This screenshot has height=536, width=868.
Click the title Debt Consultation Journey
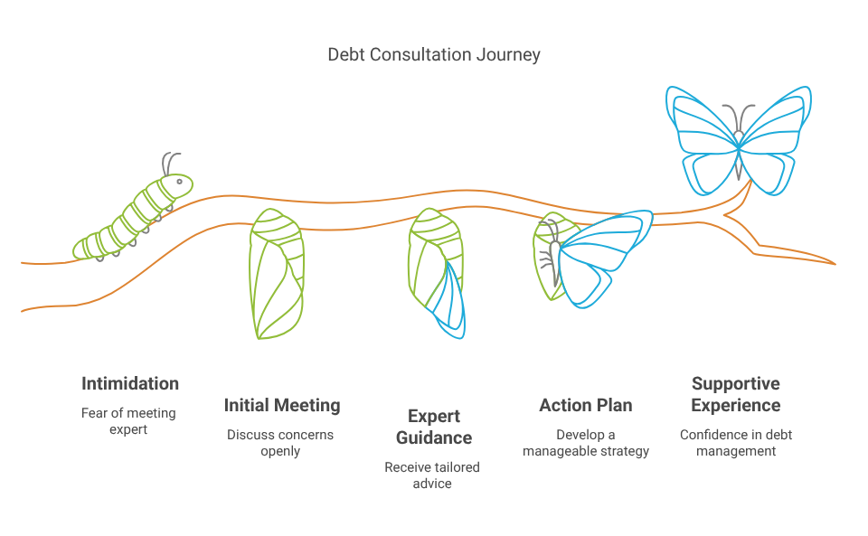(x=434, y=55)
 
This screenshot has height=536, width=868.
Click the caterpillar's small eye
(x=180, y=183)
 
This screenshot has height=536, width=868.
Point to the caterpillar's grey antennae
(x=171, y=163)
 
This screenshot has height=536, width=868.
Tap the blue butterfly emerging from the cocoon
(x=601, y=258)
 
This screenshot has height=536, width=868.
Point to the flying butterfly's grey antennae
(x=740, y=116)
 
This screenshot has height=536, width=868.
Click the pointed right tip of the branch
(x=832, y=264)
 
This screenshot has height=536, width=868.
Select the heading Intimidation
(x=130, y=383)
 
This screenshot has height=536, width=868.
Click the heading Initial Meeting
(x=282, y=405)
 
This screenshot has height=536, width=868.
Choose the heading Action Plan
(x=586, y=405)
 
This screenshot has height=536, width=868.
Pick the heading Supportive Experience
(x=735, y=394)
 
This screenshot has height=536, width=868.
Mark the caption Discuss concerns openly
(x=281, y=443)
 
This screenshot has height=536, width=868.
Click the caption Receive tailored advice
(x=432, y=475)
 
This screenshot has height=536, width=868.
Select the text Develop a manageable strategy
(x=586, y=443)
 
